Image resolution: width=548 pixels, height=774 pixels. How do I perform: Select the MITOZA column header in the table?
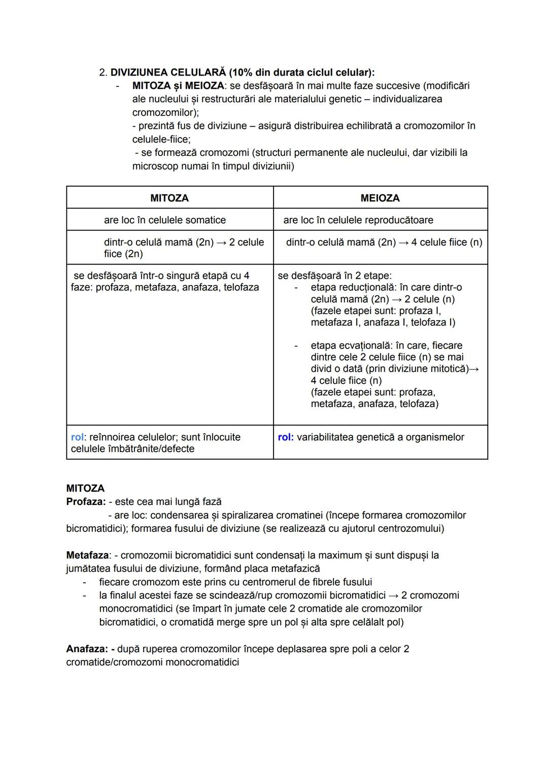point(169,198)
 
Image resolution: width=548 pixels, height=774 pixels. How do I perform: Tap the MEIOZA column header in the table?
point(380,198)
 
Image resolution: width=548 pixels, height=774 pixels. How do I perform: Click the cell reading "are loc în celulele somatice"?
point(165,220)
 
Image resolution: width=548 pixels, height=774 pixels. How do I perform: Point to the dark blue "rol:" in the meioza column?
point(286,437)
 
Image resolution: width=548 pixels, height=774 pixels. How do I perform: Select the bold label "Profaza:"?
point(86,501)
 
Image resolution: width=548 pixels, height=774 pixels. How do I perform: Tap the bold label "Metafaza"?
point(87,555)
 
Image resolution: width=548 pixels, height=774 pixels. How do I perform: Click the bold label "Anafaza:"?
point(87,649)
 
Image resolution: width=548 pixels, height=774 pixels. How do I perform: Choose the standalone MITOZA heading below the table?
point(85,488)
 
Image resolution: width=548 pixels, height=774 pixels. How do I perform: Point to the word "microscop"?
point(155,166)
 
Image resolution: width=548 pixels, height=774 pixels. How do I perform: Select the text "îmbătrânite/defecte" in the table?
point(152,449)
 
